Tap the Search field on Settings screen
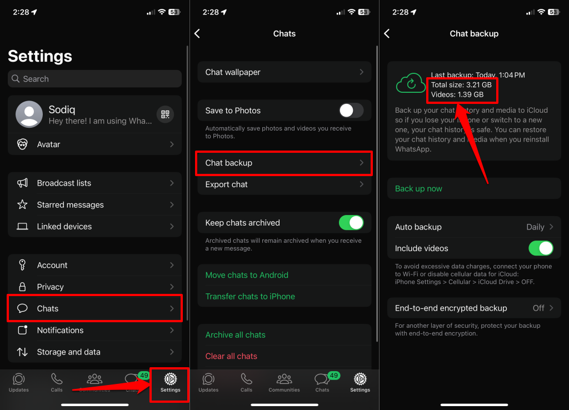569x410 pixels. click(94, 79)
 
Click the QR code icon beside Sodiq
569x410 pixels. click(165, 114)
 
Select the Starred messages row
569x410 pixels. click(94, 204)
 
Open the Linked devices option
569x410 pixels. click(94, 226)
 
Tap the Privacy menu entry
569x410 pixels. click(94, 287)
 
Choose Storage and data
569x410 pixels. click(94, 352)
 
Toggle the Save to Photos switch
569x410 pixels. click(351, 111)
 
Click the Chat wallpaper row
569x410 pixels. click(284, 72)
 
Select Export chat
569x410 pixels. click(284, 184)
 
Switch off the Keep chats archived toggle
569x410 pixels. click(351, 223)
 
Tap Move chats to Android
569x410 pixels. click(247, 275)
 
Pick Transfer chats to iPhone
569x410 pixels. click(250, 297)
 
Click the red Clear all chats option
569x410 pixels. click(231, 356)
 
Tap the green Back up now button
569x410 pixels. click(418, 188)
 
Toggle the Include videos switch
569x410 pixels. click(541, 248)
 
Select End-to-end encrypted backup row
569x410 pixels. click(474, 308)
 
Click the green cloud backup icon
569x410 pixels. click(411, 83)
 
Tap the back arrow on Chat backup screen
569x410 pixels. click(387, 34)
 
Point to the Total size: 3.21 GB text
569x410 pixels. click(461, 85)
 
